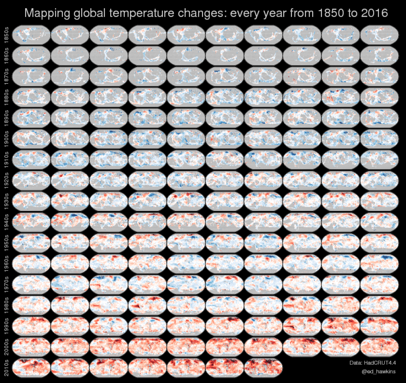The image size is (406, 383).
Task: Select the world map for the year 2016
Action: pyautogui.click(x=263, y=368)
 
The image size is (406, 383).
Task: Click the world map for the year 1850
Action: pyautogui.click(x=31, y=35)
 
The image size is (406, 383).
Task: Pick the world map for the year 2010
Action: pyautogui.click(x=31, y=368)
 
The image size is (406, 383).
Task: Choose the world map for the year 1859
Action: pyautogui.click(x=379, y=35)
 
